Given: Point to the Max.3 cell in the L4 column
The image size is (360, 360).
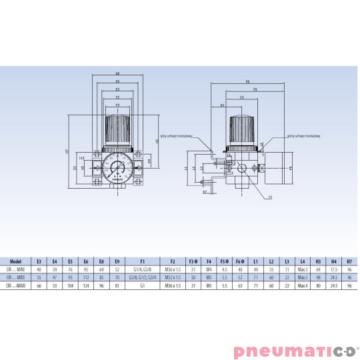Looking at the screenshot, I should click(x=303, y=269).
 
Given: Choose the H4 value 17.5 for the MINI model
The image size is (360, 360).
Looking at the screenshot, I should click(x=333, y=269).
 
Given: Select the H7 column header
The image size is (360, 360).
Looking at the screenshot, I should click(x=349, y=261).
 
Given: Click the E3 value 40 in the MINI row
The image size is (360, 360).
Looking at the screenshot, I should click(x=39, y=269).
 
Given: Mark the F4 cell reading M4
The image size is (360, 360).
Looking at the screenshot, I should click(x=209, y=269).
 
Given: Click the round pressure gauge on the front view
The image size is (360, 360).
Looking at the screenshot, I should click(x=117, y=167).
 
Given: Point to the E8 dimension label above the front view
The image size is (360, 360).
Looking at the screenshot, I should click(x=117, y=73).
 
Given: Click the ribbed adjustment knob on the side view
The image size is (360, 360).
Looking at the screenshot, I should click(x=242, y=127).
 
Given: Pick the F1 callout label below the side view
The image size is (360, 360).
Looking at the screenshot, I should click(x=270, y=197).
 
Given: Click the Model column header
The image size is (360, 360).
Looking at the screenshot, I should click(x=19, y=261).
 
